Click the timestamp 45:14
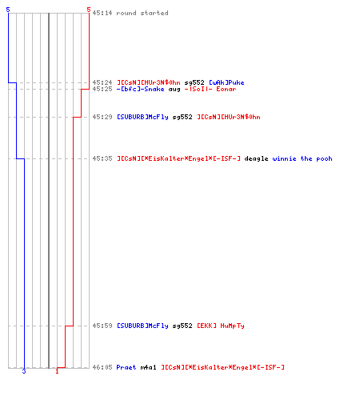(102, 13)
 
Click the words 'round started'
(142, 13)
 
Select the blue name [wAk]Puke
(226, 82)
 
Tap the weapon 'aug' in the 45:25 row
(174, 89)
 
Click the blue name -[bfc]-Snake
(140, 89)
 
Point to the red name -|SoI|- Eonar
(210, 89)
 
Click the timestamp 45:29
(102, 117)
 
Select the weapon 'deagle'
(256, 158)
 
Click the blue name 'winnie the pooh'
(302, 158)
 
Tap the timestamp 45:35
(102, 158)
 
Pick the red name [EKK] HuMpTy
(221, 326)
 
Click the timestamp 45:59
(102, 326)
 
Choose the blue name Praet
(126, 367)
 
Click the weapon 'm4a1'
(148, 367)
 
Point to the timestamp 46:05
(102, 367)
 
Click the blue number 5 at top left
(8, 10)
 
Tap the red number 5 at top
(89, 10)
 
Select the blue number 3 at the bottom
(24, 371)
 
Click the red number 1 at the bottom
(57, 371)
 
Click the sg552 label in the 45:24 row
(194, 82)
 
